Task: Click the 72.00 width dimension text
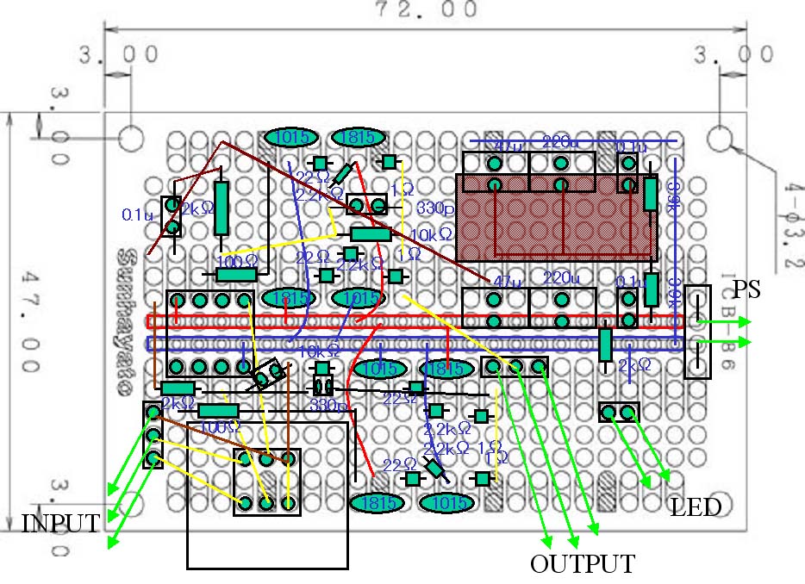click(x=426, y=11)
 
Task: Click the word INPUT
click(x=60, y=523)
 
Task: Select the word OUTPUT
click(x=583, y=564)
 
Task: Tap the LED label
click(x=696, y=508)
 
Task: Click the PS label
click(x=747, y=290)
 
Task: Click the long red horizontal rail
click(x=414, y=321)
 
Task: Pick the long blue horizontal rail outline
click(x=414, y=344)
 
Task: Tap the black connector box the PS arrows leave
click(x=697, y=332)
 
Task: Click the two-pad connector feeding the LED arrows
click(x=619, y=412)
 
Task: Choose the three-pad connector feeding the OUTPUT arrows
click(x=515, y=367)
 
